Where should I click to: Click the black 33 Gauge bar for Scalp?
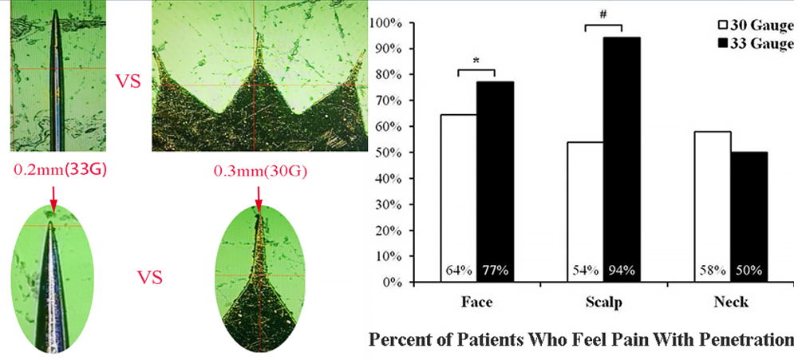click(x=621, y=160)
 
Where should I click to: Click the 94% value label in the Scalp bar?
click(x=621, y=270)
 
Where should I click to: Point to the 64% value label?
click(x=458, y=270)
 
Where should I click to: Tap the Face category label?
click(x=476, y=303)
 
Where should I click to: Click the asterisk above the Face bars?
click(x=476, y=61)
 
